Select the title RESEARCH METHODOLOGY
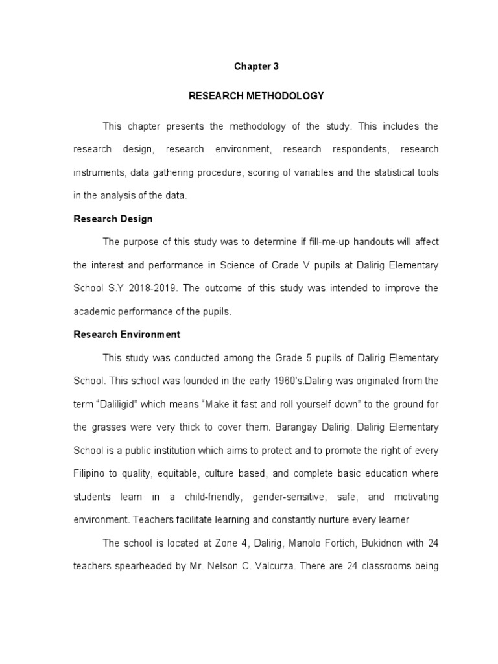pos(255,96)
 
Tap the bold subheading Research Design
pos(113,219)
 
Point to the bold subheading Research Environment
pos(126,335)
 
